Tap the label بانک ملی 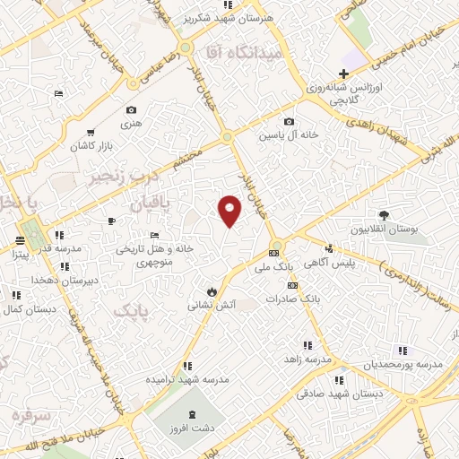[x=274, y=267]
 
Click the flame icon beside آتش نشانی [x=211, y=291]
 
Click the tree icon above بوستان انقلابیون [x=385, y=215]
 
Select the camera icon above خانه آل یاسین [x=288, y=122]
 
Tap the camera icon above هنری [x=131, y=110]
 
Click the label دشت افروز [x=186, y=429]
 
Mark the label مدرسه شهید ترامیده [x=186, y=380]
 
